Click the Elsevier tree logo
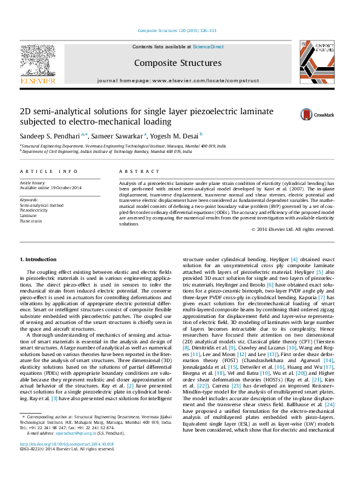38,63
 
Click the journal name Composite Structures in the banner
177,63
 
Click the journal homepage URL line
177,80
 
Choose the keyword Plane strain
31,221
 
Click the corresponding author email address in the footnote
77,450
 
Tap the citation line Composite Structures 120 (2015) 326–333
177,30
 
